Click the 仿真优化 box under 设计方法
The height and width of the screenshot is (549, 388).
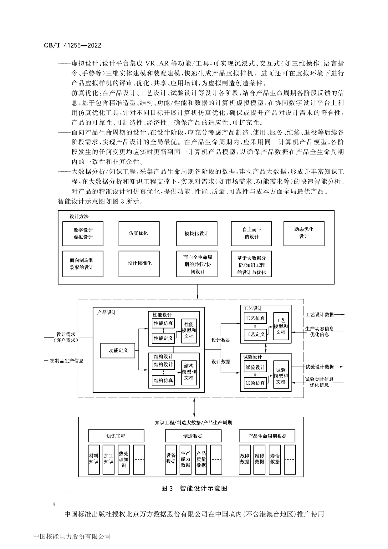tap(139, 233)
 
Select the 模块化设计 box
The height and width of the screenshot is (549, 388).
tap(197, 233)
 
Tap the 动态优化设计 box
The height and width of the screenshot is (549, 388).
tap(304, 233)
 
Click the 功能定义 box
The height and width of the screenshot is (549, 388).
tap(118, 350)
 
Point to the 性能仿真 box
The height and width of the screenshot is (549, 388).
tap(163, 323)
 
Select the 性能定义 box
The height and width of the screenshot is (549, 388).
tap(163, 338)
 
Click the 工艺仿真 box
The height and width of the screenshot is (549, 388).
tap(255, 318)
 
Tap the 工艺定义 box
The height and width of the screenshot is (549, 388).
tap(255, 334)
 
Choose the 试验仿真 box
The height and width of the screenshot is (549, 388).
tap(255, 383)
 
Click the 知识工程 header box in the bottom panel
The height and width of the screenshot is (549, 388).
tap(116, 436)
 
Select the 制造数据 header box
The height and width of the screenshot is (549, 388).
tap(193, 436)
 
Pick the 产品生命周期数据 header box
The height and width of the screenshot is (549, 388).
tap(267, 436)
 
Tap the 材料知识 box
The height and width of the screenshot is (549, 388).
tap(94, 459)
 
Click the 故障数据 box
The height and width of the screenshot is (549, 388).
tap(245, 459)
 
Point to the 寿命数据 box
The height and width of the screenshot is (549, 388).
tap(275, 459)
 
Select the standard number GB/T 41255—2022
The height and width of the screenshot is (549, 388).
tap(73, 45)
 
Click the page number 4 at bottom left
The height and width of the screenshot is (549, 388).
tap(54, 504)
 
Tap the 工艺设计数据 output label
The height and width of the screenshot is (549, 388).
tap(319, 315)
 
